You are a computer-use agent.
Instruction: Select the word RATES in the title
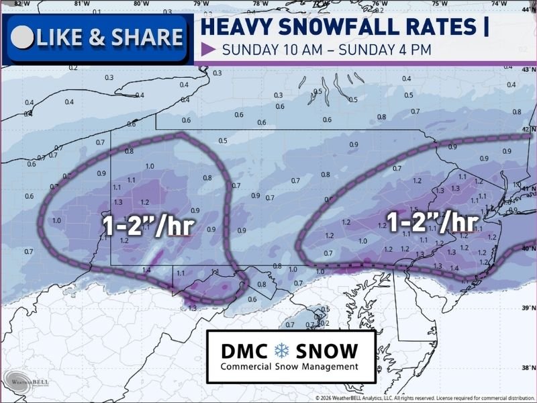point(435,27)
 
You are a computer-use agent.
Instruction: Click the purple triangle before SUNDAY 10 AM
point(208,50)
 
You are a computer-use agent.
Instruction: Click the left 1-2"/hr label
point(148,226)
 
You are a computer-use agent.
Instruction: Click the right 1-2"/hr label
point(434,221)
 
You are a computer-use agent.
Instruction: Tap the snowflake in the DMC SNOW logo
point(281,350)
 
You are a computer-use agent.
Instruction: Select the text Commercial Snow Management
point(289,367)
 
